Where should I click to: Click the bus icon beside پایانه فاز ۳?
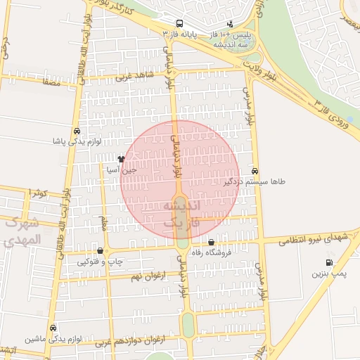(x=180, y=23)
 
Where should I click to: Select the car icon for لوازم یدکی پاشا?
(x=76, y=131)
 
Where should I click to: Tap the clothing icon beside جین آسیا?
(x=121, y=160)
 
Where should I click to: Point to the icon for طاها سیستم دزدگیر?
(x=254, y=171)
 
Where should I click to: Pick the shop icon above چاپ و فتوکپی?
(x=100, y=250)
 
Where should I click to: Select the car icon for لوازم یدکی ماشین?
(x=53, y=328)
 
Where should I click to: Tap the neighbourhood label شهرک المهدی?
(x=21, y=232)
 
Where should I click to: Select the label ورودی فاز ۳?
(x=339, y=112)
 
